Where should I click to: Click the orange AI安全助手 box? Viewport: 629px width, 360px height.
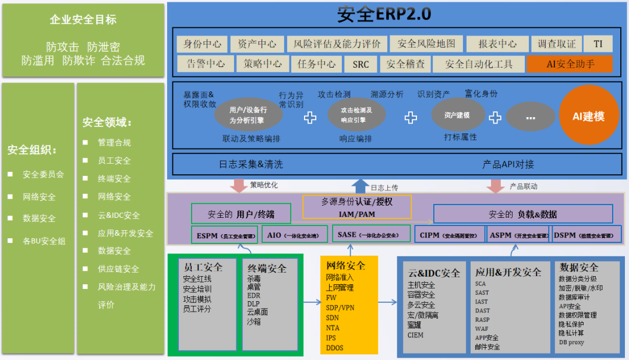569,64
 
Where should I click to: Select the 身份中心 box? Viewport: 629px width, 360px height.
202,44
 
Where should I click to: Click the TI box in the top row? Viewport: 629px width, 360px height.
598,44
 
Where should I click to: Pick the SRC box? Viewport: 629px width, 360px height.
361,64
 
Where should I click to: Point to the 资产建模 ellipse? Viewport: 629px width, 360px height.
458,115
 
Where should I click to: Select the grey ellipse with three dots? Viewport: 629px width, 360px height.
530,117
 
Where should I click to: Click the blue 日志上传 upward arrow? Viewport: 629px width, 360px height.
361,186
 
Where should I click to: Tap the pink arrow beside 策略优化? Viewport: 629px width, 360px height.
239,186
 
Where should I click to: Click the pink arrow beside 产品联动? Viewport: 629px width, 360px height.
496,186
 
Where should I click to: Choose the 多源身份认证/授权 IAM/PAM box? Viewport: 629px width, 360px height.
357,207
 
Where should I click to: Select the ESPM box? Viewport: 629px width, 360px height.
224,236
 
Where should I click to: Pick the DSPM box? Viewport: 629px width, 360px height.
583,235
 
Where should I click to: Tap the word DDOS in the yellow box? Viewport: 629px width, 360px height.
335,348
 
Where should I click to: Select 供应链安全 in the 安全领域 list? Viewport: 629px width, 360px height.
118,269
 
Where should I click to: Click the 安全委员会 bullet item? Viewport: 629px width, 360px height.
43,174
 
